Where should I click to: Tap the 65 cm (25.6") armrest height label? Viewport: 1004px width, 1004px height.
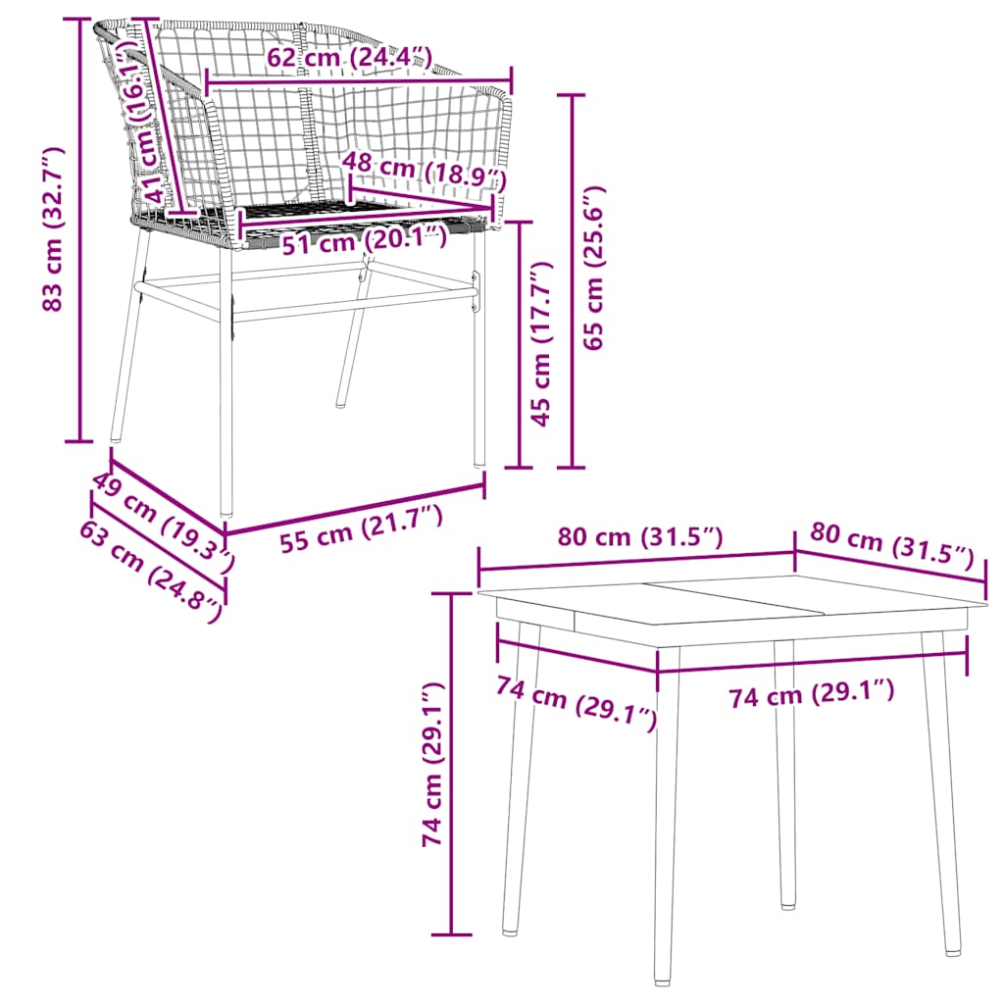click(x=595, y=267)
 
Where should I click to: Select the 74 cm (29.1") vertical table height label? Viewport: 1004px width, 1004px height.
click(x=431, y=766)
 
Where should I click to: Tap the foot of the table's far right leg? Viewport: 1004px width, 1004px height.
click(x=952, y=946)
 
